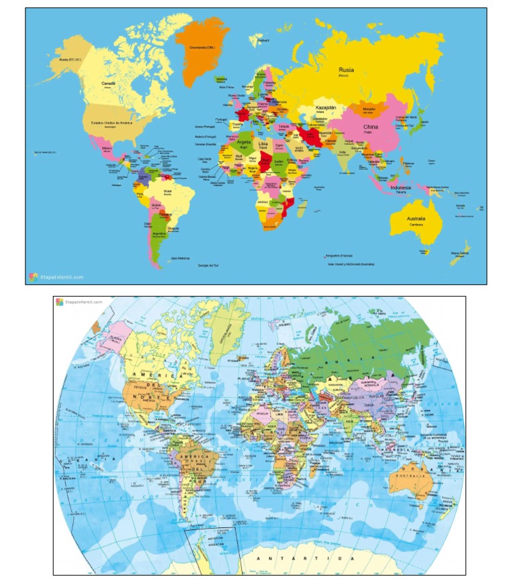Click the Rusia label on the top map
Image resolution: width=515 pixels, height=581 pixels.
(347, 70)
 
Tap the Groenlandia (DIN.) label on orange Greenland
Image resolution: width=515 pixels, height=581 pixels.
(201, 48)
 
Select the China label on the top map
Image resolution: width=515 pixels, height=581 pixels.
(370, 127)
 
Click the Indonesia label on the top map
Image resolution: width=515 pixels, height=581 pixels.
(400, 187)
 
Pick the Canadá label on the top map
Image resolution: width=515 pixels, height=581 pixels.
(109, 83)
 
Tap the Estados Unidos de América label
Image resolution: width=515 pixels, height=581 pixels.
(107, 123)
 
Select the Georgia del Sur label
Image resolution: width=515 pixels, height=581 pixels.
(209, 265)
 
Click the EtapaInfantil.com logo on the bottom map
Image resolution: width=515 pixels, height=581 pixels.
(80, 303)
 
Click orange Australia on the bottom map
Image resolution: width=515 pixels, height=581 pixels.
(407, 482)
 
